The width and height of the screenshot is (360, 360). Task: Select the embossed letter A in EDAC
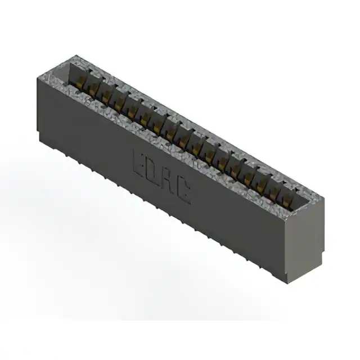click(x=168, y=183)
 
